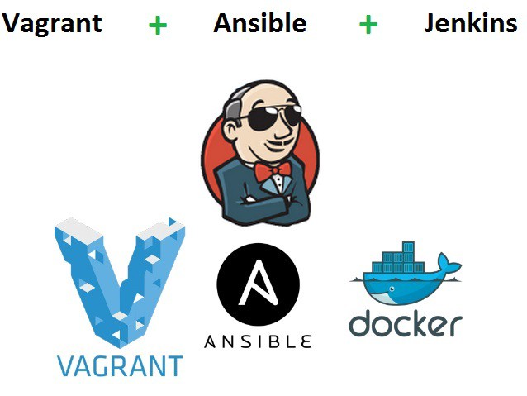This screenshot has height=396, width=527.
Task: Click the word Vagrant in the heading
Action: tap(52, 23)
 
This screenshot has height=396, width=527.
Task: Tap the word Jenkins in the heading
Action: tap(470, 23)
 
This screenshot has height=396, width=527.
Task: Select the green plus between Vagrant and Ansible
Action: tap(157, 26)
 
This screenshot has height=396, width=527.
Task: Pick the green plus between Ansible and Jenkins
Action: tap(368, 26)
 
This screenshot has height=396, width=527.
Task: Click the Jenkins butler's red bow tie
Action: tap(272, 171)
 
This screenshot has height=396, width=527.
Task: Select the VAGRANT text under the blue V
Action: tap(120, 365)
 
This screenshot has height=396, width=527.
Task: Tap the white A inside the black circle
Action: tap(258, 289)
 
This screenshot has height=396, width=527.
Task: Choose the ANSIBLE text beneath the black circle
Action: tap(258, 341)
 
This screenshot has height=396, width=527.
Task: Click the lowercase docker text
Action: tap(405, 323)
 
